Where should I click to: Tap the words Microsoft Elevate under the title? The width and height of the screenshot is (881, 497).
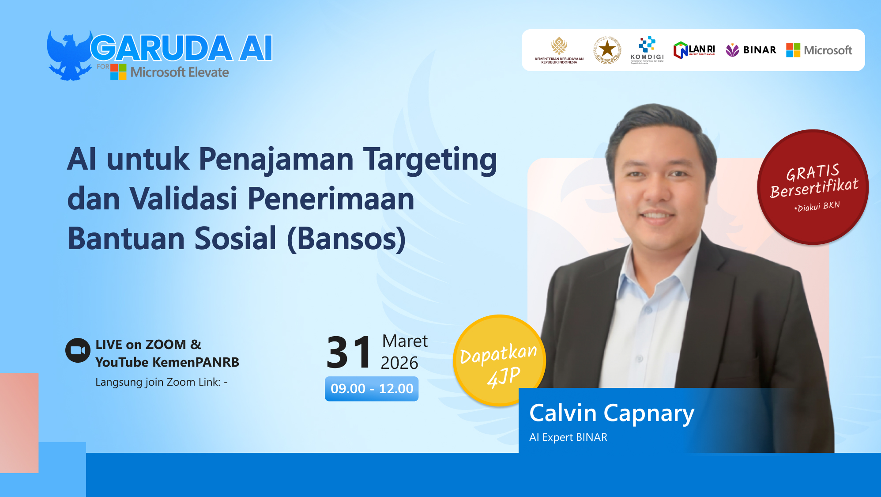click(x=179, y=72)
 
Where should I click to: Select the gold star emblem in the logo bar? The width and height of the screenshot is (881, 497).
click(x=607, y=50)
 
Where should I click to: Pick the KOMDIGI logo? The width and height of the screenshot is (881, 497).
click(x=647, y=50)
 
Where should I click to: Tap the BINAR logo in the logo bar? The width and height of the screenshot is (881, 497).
click(x=751, y=50)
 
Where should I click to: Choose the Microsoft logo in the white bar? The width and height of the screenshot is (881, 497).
click(x=819, y=50)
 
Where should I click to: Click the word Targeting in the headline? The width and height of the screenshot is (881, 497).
click(x=430, y=160)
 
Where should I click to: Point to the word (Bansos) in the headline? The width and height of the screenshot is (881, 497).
click(x=346, y=239)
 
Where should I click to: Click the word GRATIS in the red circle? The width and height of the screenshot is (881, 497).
click(x=812, y=172)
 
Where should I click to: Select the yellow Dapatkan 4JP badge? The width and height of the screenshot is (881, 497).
click(x=499, y=360)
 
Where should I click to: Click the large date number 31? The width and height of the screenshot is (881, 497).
click(x=349, y=353)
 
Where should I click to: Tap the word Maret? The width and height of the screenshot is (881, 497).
click(x=405, y=341)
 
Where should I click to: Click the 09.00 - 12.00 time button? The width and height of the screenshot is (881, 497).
click(x=372, y=389)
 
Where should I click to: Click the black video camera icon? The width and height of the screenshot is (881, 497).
click(x=78, y=350)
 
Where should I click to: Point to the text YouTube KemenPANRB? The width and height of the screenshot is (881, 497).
click(x=167, y=362)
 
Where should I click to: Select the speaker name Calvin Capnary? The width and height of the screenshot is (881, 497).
click(x=611, y=414)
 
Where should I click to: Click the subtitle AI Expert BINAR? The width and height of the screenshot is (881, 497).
click(x=568, y=437)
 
